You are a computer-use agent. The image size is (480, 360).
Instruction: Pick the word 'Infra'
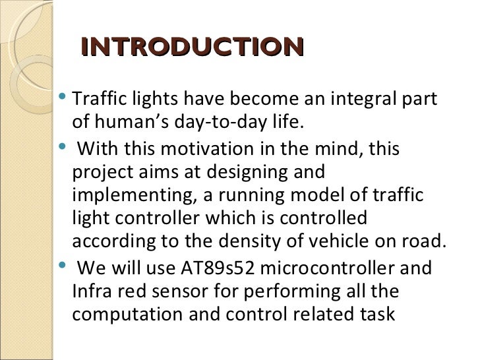click(89, 291)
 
